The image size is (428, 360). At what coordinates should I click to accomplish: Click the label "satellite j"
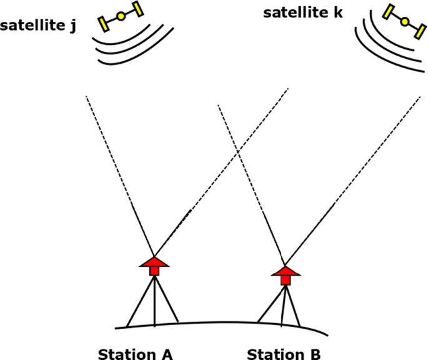pos(38,26)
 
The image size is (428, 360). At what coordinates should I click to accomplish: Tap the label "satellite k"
pos(302,12)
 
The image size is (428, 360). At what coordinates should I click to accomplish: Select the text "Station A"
pos(135,354)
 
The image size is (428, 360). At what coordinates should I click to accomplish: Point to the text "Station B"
pos(284,354)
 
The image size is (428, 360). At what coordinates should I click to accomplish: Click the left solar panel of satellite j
pos(104,23)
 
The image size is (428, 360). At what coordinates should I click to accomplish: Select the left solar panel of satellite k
pos(389,12)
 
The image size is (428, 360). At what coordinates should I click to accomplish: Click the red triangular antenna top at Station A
pos(154,261)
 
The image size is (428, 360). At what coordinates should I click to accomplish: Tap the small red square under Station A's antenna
pos(154,271)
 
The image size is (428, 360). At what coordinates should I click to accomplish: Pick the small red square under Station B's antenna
pos(285,280)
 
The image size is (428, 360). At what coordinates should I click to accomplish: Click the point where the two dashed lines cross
pos(238,151)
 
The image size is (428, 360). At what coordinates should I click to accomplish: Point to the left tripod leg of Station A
pos(139,302)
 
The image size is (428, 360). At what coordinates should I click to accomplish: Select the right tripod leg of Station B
pos(293,306)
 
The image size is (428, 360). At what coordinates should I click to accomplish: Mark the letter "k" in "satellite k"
pos(337,12)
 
